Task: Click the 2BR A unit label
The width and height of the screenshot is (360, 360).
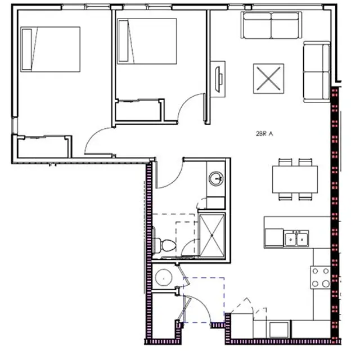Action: pos(264,134)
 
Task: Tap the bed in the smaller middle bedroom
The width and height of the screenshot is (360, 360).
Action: pos(146,40)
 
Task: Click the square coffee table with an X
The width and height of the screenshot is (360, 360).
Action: pos(268,78)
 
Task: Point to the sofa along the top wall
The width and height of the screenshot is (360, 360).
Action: pos(271,25)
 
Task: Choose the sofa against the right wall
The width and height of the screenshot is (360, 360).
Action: pos(316,71)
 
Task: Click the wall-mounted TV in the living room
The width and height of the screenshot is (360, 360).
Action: pos(218,74)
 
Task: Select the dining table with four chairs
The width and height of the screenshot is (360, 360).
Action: pos(295,179)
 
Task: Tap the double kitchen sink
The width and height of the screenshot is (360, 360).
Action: pos(295,238)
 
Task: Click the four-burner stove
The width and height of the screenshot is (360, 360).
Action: pos(321,277)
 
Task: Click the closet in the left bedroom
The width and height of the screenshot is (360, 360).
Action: pos(44,146)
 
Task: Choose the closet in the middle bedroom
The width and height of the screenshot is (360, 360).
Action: pos(138,110)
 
